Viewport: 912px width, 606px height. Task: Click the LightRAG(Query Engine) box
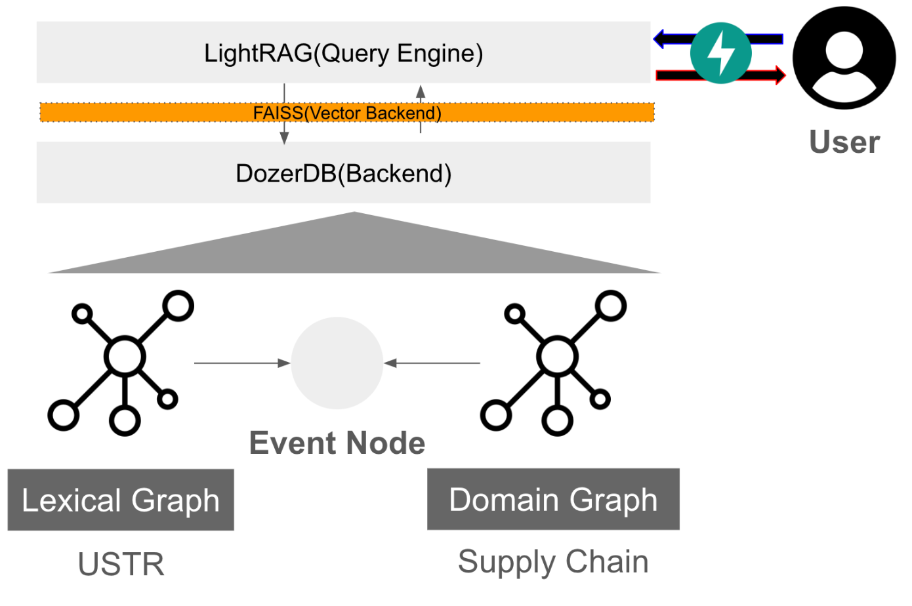[343, 52]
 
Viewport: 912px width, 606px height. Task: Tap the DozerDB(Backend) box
[343, 173]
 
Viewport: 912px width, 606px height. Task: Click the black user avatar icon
[844, 58]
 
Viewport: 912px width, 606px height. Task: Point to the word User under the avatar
[844, 142]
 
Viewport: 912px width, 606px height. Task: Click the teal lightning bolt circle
[720, 53]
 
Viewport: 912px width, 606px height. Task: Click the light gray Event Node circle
[337, 363]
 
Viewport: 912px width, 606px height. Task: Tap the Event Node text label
[337, 443]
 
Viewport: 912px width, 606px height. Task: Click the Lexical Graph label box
[121, 500]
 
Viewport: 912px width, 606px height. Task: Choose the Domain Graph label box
[553, 499]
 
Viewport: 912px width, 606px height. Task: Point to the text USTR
[121, 564]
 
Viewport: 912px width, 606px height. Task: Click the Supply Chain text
[553, 562]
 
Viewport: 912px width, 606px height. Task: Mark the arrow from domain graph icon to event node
[432, 363]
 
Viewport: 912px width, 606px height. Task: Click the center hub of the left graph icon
[125, 357]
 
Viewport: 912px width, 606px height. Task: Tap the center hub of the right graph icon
[557, 357]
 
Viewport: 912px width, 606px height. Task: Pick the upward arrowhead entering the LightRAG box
[421, 92]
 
